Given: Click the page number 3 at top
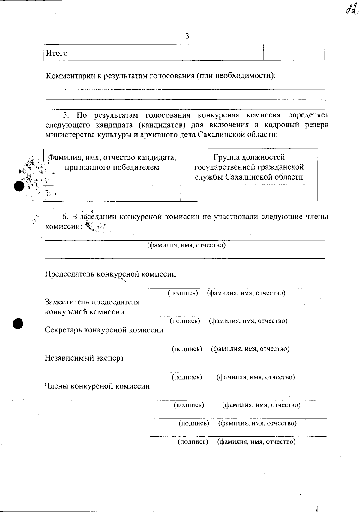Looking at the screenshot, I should pyautogui.click(x=187, y=36).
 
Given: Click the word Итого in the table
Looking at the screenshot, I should pyautogui.click(x=57, y=53).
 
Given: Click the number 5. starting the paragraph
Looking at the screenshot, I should pyautogui.click(x=66, y=115).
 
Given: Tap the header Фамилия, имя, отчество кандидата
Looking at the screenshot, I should pyautogui.click(x=112, y=157).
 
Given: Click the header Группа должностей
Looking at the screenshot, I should pyautogui.click(x=249, y=157).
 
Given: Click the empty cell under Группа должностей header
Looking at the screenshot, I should pyautogui.click(x=249, y=193).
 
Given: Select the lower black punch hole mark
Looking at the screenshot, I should pyautogui.click(x=18, y=323).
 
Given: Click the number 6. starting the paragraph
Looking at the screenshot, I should pyautogui.click(x=66, y=217).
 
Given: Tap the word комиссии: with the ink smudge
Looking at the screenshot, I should pyautogui.click(x=63, y=226).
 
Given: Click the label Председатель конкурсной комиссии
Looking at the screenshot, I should pyautogui.click(x=110, y=274).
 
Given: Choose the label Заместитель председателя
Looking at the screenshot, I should pyautogui.click(x=92, y=302).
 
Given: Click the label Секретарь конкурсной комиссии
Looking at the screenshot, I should pyautogui.click(x=104, y=330).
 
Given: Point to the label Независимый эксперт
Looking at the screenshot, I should pyautogui.click(x=84, y=358).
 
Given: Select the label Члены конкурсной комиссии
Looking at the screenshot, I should pyautogui.click(x=97, y=386).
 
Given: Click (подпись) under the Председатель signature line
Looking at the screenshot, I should pyautogui.click(x=183, y=293).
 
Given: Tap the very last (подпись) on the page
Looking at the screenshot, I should pyautogui.click(x=193, y=441).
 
